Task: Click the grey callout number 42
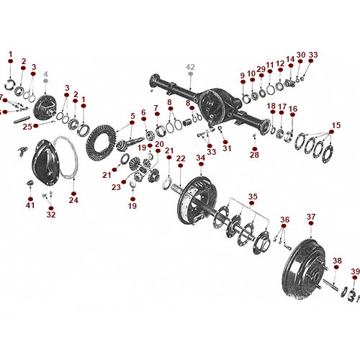pyautogui.click(x=190, y=66)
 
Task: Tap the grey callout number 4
pyautogui.click(x=45, y=74)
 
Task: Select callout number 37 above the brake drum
pyautogui.click(x=310, y=216)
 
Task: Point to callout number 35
pyautogui.click(x=252, y=196)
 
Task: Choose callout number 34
pyautogui.click(x=201, y=158)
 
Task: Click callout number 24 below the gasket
pyautogui.click(x=73, y=200)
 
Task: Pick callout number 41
pyautogui.click(x=30, y=205)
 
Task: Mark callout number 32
pyautogui.click(x=50, y=214)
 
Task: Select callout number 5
pyautogui.click(x=132, y=116)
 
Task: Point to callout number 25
pyautogui.click(x=26, y=127)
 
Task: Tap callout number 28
pyautogui.click(x=254, y=155)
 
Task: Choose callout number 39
pyautogui.click(x=354, y=271)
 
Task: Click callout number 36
pyautogui.click(x=284, y=220)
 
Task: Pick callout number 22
pyautogui.click(x=181, y=158)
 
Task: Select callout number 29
pyautogui.click(x=261, y=70)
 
